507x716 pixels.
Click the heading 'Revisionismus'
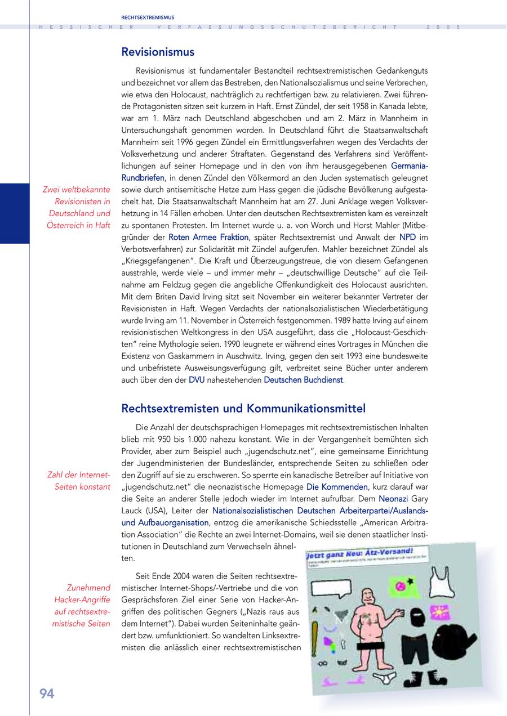pos(158,52)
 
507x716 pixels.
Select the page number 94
pos(47,694)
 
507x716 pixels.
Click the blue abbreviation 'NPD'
pos(408,238)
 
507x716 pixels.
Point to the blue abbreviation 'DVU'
pos(197,380)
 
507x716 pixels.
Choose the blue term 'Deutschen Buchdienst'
pos(303,380)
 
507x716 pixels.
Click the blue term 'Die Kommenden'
pos(337,486)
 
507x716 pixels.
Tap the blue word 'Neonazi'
pos(392,498)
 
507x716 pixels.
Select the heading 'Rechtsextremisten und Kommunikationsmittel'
pos(243,408)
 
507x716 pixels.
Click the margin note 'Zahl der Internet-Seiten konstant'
pos(78,481)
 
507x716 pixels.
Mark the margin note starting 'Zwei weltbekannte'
pos(77,207)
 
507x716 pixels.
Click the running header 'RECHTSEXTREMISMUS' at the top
pos(148,17)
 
